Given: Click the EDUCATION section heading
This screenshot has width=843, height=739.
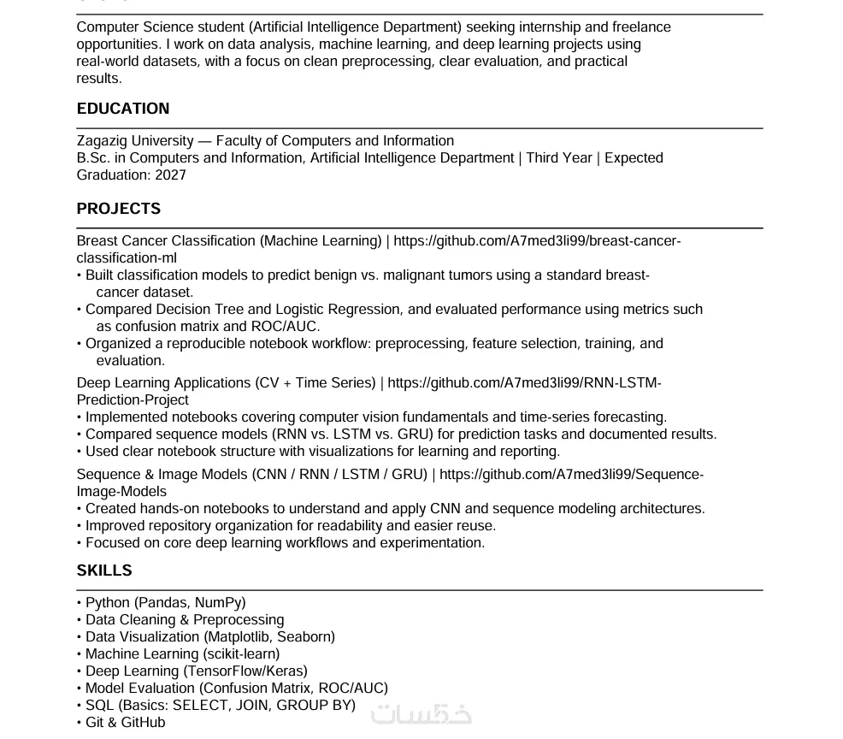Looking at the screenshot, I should (x=123, y=109).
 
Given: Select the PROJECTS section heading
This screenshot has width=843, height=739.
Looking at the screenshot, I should (x=119, y=209).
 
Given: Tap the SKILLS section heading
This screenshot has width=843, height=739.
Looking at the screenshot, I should (x=104, y=571).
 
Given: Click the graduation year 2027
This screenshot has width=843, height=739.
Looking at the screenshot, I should (x=170, y=175).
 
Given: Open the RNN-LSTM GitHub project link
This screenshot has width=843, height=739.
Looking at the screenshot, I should (x=524, y=383).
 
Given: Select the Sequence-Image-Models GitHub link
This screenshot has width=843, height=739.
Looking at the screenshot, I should (x=571, y=475).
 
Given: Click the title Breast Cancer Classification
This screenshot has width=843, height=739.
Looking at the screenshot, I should (x=166, y=241).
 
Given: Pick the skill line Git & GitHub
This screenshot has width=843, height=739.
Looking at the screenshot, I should (x=125, y=723).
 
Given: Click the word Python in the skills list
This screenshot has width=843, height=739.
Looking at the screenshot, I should (x=108, y=603).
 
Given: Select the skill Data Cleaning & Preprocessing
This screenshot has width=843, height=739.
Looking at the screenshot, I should (x=185, y=620).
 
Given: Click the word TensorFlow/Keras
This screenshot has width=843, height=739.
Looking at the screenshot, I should (x=245, y=671).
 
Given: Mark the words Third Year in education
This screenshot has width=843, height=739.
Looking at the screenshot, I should (x=559, y=158).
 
